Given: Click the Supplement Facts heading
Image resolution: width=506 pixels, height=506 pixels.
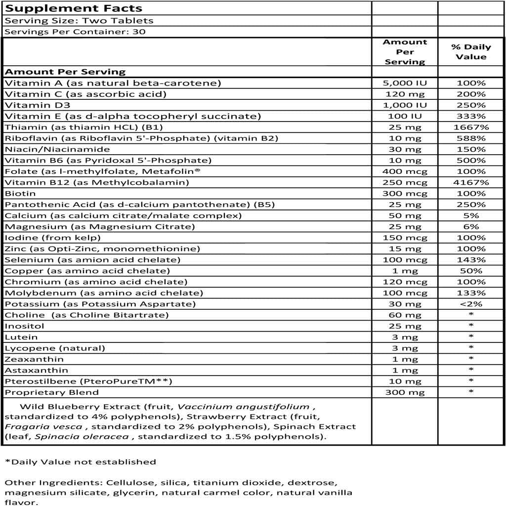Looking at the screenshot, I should pos(74,8).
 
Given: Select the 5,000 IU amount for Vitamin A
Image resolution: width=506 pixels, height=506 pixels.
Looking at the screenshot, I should pos(405,83).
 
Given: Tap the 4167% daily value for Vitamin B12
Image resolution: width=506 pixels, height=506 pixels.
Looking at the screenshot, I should pos(471,182).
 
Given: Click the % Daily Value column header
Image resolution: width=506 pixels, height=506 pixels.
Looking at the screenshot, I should pos(471,52).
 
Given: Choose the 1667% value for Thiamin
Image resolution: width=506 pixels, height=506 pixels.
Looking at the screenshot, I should pos(471,127).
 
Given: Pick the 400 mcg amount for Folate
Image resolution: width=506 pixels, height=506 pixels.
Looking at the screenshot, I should pos(405,171).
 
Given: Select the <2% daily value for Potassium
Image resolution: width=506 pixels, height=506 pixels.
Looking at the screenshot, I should pos(471,304).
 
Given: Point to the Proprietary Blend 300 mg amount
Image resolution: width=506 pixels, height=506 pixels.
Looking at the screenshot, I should pos(405,392).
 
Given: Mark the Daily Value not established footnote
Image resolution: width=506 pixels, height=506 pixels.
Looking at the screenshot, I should pos(80,462).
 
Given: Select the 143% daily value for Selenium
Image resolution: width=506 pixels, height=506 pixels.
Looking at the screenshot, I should pos(471,260).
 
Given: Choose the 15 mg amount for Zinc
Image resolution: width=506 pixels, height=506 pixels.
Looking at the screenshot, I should pos(405,249).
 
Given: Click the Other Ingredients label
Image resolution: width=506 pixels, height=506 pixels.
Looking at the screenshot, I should pos(42,482).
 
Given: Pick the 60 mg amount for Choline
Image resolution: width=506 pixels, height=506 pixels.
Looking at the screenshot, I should pos(405,315).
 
